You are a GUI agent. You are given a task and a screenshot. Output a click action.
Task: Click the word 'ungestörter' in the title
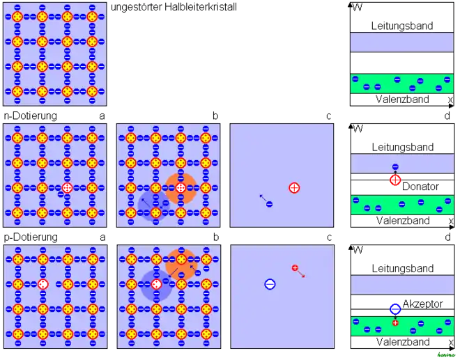(137, 7)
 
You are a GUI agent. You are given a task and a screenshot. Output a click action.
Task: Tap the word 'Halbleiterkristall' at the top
(201, 7)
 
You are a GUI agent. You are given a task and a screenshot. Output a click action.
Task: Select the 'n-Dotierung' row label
(31, 116)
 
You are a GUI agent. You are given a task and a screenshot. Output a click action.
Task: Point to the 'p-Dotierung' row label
(31, 237)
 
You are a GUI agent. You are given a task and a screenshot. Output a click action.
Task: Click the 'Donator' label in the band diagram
(420, 187)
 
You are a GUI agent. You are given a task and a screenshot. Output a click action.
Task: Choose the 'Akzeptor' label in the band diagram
(422, 304)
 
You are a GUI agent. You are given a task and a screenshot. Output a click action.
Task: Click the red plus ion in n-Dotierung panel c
(294, 187)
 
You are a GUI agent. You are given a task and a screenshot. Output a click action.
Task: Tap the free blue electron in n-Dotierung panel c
(269, 204)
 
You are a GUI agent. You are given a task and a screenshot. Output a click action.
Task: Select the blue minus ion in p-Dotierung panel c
(270, 284)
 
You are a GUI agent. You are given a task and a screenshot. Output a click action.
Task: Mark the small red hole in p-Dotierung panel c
(295, 267)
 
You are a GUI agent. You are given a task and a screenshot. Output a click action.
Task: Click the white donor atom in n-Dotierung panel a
(67, 187)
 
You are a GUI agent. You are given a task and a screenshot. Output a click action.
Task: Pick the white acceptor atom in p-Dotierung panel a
(43, 284)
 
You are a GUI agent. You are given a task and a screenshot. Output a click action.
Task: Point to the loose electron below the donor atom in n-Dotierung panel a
(61, 194)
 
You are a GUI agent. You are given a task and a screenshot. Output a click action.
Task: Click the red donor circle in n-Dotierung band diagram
(395, 180)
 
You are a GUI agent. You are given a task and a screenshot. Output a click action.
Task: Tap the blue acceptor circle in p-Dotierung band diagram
(395, 309)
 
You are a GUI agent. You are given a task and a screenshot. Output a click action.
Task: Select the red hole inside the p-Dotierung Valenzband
(395, 323)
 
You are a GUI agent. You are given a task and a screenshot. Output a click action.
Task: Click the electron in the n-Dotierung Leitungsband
(395, 167)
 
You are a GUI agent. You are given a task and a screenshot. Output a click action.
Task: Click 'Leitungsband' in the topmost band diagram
(402, 26)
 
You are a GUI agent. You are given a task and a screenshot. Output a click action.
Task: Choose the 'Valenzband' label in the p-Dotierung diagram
(403, 342)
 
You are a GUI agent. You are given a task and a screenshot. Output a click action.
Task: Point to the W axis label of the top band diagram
(358, 8)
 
